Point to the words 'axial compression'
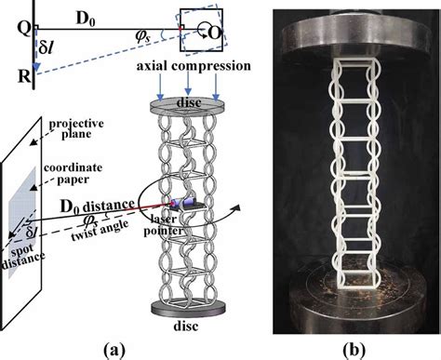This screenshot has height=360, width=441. [x=194, y=68]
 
